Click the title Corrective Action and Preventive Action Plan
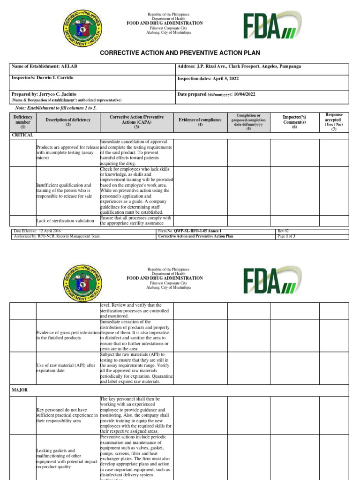pyautogui.click(x=180, y=53)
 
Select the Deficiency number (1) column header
pyautogui.click(x=22, y=121)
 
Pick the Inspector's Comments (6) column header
pyautogui.click(x=294, y=121)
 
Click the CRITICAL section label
pyautogui.click(x=22, y=135)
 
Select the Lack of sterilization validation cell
pyautogui.click(x=65, y=220)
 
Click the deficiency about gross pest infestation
pyautogui.click(x=67, y=335)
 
